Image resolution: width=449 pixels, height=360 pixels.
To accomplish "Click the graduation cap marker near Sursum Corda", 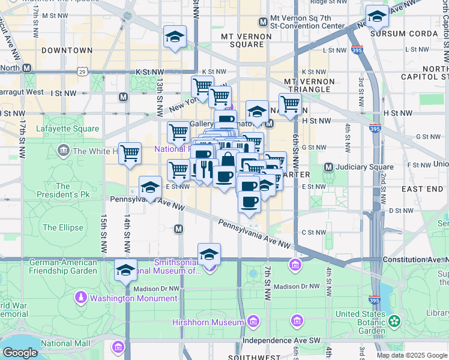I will [377, 16].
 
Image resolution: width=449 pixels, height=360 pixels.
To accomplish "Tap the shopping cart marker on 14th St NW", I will [130, 154].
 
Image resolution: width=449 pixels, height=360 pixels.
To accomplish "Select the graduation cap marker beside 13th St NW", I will [175, 37].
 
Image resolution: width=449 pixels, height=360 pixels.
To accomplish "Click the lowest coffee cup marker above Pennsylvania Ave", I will [249, 202].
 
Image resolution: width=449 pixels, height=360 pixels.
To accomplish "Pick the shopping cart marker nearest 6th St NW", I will [290, 103].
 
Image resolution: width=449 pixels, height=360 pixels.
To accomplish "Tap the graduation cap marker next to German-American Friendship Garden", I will [125, 270].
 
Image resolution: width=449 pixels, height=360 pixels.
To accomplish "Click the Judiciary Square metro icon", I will [328, 167].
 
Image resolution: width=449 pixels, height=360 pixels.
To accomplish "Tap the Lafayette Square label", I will [67, 128].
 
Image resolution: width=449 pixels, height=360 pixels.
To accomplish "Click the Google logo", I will [20, 352].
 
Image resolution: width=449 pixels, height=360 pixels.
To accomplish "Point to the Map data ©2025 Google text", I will [412, 355].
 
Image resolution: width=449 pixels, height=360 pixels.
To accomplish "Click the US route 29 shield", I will [81, 71].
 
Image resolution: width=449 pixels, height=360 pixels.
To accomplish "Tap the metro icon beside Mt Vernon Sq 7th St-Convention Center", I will [262, 22].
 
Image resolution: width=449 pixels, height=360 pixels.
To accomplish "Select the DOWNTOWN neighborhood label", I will [67, 50].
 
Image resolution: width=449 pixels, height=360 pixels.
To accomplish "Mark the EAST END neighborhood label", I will [423, 188].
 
